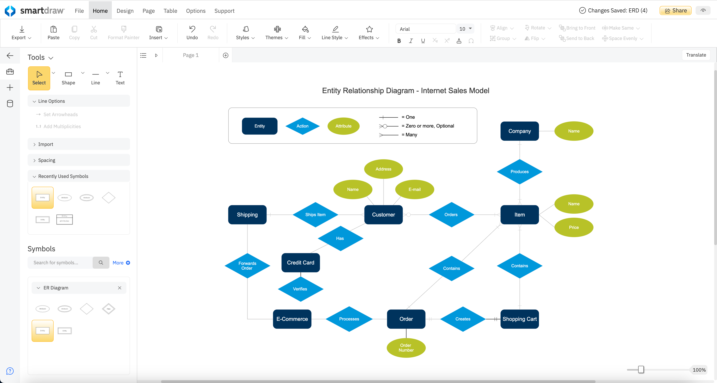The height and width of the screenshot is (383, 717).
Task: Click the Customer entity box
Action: point(383,214)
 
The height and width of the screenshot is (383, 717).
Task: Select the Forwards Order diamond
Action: point(247,266)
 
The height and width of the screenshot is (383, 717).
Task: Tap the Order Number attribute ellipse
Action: point(406,348)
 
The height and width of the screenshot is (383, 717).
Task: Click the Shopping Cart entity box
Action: point(519,319)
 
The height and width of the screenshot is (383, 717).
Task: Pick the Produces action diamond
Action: point(519,172)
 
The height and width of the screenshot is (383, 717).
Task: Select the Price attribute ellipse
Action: point(574,227)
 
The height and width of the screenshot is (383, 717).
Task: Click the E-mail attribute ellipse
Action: point(415,190)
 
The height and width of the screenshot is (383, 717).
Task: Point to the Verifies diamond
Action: point(300,289)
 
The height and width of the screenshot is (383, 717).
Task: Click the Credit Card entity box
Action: point(300,263)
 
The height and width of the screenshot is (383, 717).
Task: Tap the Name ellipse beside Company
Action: point(574,131)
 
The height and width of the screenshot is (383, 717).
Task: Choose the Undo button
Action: point(192,33)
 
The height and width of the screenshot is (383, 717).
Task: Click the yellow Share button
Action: point(676,11)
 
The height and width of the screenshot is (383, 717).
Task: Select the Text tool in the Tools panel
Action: point(120,78)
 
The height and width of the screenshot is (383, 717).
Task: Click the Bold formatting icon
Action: point(399,41)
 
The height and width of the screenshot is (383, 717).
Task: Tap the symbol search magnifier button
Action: point(101,263)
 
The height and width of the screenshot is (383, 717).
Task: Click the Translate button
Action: point(696,55)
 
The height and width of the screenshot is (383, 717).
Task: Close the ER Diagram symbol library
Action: point(120,288)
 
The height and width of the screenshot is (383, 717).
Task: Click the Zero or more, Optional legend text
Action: point(430,126)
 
